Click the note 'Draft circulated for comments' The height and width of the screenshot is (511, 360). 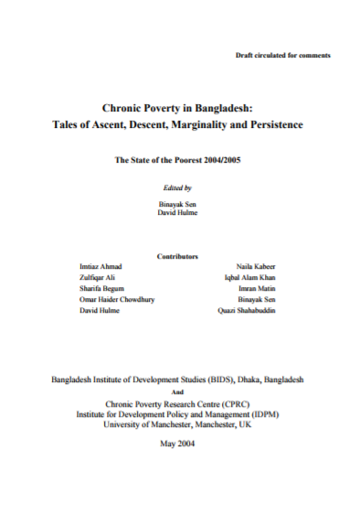coord(283,57)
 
